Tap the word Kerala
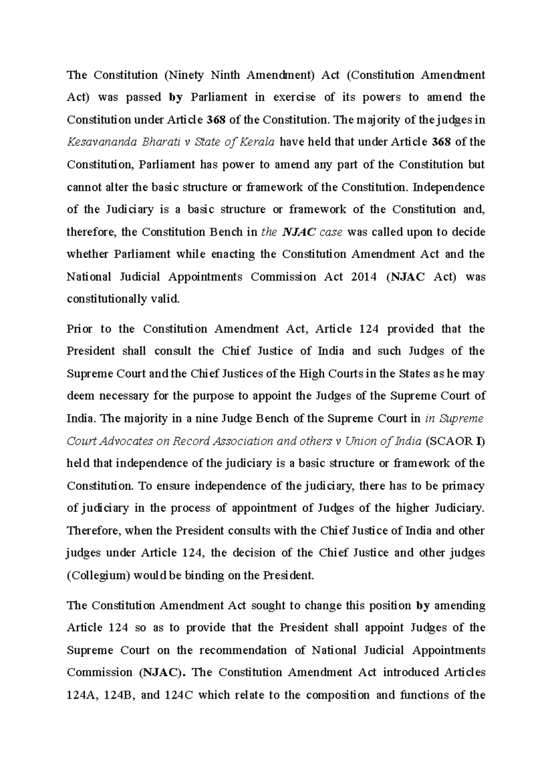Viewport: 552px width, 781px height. (x=259, y=142)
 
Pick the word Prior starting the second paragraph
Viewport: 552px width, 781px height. (x=80, y=329)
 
